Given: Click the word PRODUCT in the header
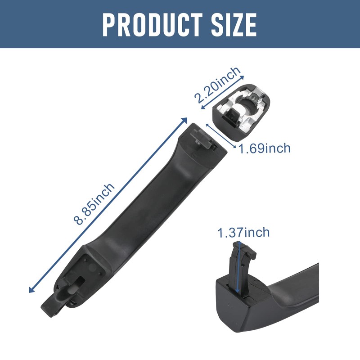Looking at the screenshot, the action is [153, 25].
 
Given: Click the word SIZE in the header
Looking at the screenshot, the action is [234, 25].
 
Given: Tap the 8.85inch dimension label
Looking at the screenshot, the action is [94, 204].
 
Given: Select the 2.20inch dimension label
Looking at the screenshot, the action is [217, 85].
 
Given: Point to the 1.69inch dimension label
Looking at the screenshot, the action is [265, 148].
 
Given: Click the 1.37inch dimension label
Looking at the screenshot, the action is [243, 232].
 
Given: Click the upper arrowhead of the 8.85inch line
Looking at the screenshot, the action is [185, 120].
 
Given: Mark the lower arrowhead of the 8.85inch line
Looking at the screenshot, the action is [31, 290].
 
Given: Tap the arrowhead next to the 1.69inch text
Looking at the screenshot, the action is [234, 147].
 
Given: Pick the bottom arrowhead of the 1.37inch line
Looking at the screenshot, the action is [238, 291].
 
